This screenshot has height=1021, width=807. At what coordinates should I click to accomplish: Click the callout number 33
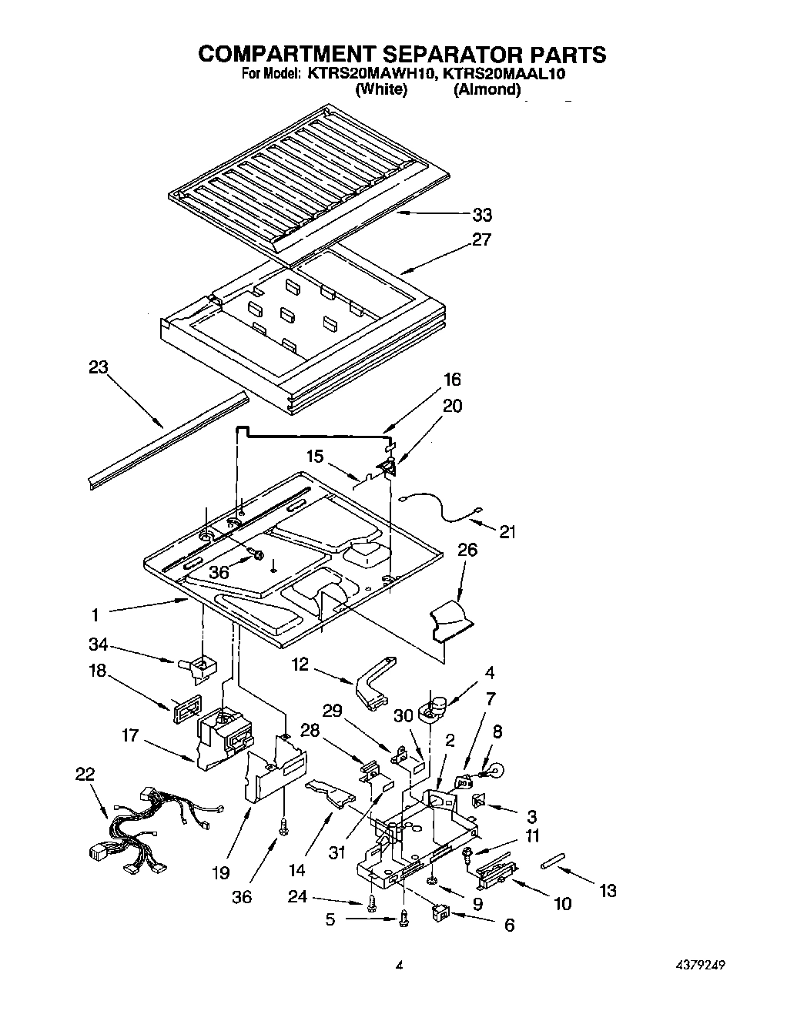tap(482, 215)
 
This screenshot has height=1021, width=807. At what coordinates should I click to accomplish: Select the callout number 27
tap(481, 239)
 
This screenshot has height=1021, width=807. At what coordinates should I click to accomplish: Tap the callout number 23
tap(99, 367)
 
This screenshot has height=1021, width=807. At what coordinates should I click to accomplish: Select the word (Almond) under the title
tap(487, 89)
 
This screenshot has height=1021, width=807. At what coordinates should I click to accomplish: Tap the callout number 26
tap(467, 550)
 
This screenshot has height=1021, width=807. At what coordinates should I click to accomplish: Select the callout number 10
tap(563, 903)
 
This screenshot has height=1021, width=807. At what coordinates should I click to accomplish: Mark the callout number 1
tap(95, 614)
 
